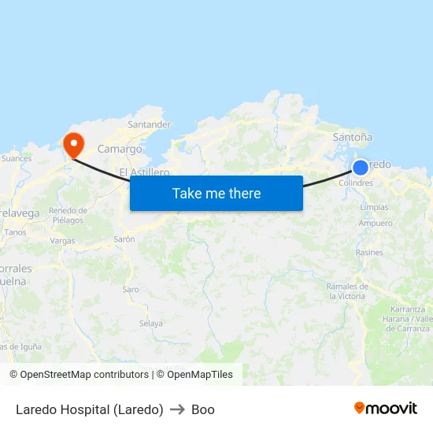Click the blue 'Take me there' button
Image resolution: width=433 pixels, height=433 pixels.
coord(216,193)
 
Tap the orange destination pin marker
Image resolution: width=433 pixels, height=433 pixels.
coord(73,144)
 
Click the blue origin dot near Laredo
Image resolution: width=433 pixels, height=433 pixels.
coord(360,167)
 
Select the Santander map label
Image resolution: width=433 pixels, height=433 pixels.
coord(149,124)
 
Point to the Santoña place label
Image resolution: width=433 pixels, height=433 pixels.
coord(352,137)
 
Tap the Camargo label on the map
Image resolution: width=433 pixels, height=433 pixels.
coord(120,149)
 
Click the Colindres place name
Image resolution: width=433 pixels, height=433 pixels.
coord(355,183)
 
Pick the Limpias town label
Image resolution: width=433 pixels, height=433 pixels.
coord(374,207)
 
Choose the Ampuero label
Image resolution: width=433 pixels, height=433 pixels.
coord(376,224)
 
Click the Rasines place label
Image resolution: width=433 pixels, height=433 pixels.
coord(369,253)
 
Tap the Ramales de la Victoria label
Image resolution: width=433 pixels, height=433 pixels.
coord(347,291)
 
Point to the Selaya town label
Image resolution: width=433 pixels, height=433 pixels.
coord(150,324)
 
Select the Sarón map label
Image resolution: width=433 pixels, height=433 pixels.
coord(124,239)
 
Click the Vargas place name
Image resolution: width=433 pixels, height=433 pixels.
coord(62,241)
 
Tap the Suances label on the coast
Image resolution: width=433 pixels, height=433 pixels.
coord(17,158)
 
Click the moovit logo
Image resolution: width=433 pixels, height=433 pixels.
coord(386,408)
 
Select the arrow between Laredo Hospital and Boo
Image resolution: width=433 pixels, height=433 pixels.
coord(177,409)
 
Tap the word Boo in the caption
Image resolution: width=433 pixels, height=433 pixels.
coord(203,409)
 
